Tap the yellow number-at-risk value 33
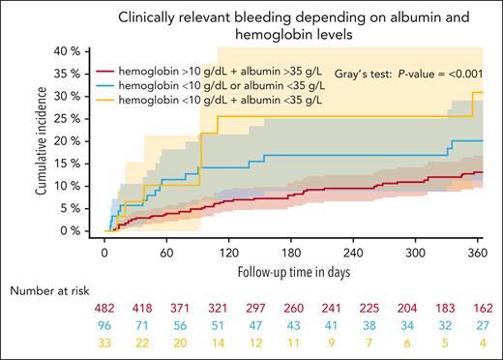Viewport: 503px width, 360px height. (x=104, y=344)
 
